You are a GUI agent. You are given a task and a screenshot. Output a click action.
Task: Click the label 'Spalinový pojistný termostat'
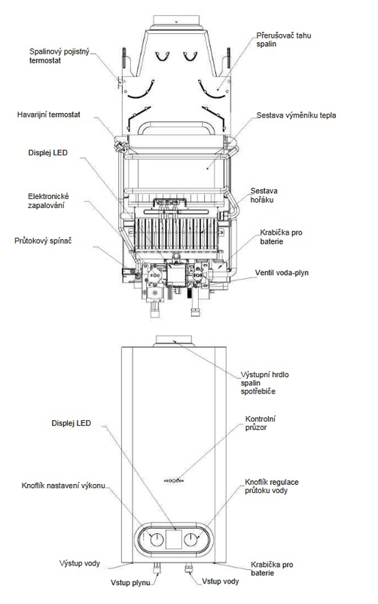point(59,56)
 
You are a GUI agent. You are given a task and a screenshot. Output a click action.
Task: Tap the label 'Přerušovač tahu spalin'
point(283,40)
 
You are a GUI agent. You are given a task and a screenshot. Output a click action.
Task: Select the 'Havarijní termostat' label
point(49,115)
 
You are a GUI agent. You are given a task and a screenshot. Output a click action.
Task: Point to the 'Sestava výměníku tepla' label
point(296,115)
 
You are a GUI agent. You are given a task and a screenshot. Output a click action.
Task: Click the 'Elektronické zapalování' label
point(48,201)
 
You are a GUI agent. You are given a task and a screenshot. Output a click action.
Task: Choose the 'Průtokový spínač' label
point(43,241)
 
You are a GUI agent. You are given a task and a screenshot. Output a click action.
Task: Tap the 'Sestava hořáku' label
point(264,195)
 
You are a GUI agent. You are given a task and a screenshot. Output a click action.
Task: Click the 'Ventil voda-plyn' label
point(282,273)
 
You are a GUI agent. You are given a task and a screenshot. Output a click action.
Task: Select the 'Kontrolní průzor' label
point(261,423)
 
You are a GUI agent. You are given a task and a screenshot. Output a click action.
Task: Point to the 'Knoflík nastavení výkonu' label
point(63,486)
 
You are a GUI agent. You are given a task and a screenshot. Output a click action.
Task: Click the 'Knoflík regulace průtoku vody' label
point(272,486)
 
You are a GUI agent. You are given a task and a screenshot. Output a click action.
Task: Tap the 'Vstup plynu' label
point(130,582)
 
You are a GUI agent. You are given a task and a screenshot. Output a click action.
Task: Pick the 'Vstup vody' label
point(221,581)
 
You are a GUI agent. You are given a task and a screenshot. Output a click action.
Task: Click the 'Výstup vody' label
point(80,563)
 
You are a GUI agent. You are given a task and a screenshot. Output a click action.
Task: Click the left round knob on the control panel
point(157,540)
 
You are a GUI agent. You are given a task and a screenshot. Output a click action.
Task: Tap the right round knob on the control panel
point(191,540)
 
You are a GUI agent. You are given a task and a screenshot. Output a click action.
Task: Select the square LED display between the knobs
point(173,539)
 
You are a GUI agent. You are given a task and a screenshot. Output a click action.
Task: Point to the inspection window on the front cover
point(174,480)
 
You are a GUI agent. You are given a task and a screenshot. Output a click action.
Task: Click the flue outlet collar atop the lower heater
point(173,342)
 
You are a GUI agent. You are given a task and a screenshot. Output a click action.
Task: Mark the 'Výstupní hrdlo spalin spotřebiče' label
point(264,383)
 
